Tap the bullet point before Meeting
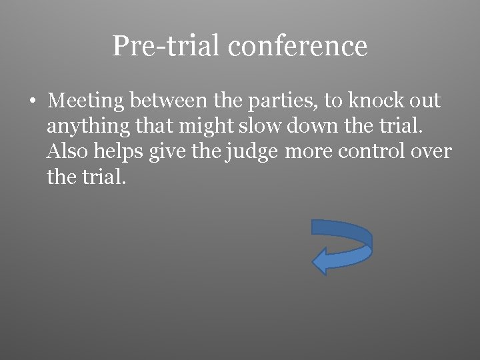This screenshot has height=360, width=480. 32,101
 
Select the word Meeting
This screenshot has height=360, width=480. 86,101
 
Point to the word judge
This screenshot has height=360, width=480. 251,152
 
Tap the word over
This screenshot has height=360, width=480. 431,152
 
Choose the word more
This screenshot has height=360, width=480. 309,152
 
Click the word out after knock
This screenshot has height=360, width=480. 426,101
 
